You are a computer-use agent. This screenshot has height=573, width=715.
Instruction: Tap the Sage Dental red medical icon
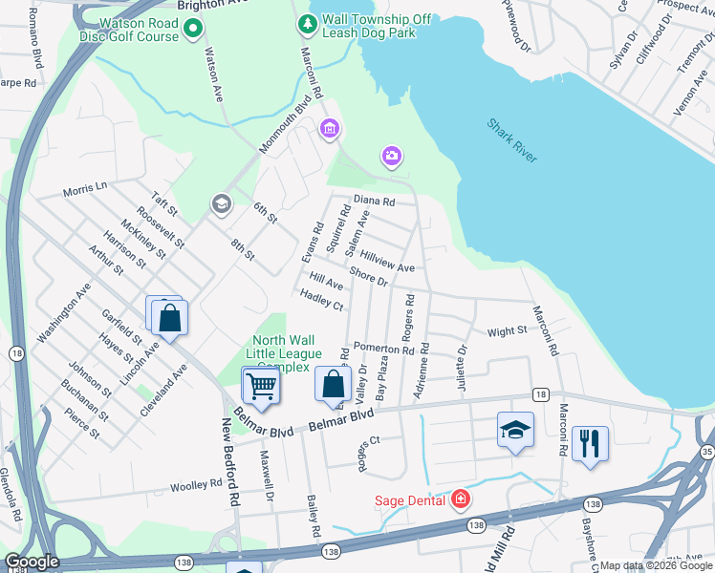(x=460, y=499)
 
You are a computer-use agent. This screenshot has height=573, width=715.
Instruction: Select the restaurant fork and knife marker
(x=590, y=442)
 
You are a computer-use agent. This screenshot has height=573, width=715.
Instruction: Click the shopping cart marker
(x=261, y=386)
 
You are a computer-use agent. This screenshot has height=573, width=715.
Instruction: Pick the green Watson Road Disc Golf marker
(x=192, y=29)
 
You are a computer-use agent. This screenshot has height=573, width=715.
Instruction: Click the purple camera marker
(x=391, y=156)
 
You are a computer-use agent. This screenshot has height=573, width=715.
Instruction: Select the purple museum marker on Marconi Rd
(x=330, y=128)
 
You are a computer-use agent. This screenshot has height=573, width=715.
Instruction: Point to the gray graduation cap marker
(x=221, y=204)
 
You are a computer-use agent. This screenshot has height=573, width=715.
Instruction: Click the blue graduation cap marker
(x=515, y=429)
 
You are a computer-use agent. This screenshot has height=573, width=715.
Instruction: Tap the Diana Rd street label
(x=374, y=202)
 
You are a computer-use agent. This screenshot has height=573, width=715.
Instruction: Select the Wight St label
(x=507, y=331)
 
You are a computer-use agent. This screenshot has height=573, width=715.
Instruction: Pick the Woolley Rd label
(x=195, y=486)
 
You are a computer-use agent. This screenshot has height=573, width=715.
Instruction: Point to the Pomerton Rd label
(x=383, y=349)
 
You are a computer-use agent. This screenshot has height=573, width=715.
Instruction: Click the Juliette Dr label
(x=464, y=362)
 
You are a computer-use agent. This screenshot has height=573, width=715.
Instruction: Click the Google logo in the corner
(x=32, y=562)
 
